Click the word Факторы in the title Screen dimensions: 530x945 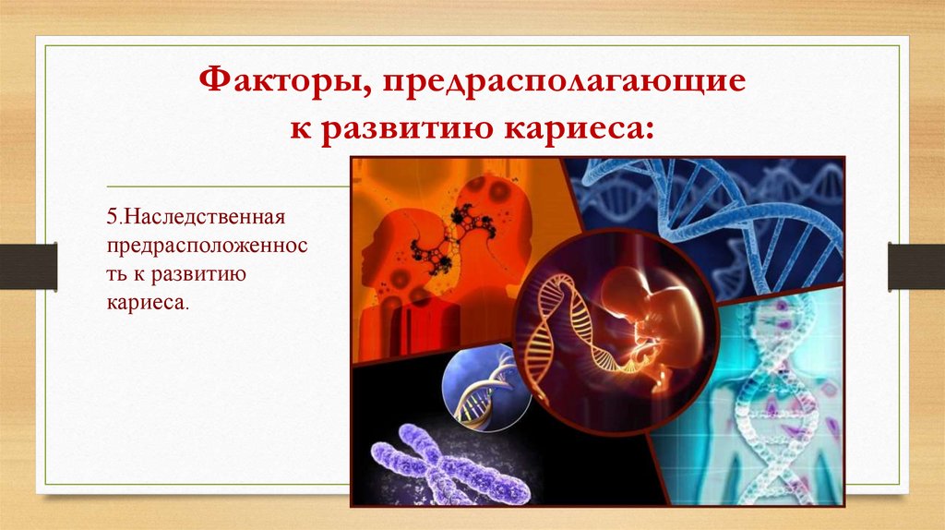click(x=280, y=86)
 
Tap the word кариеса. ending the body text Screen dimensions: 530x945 click(x=148, y=302)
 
